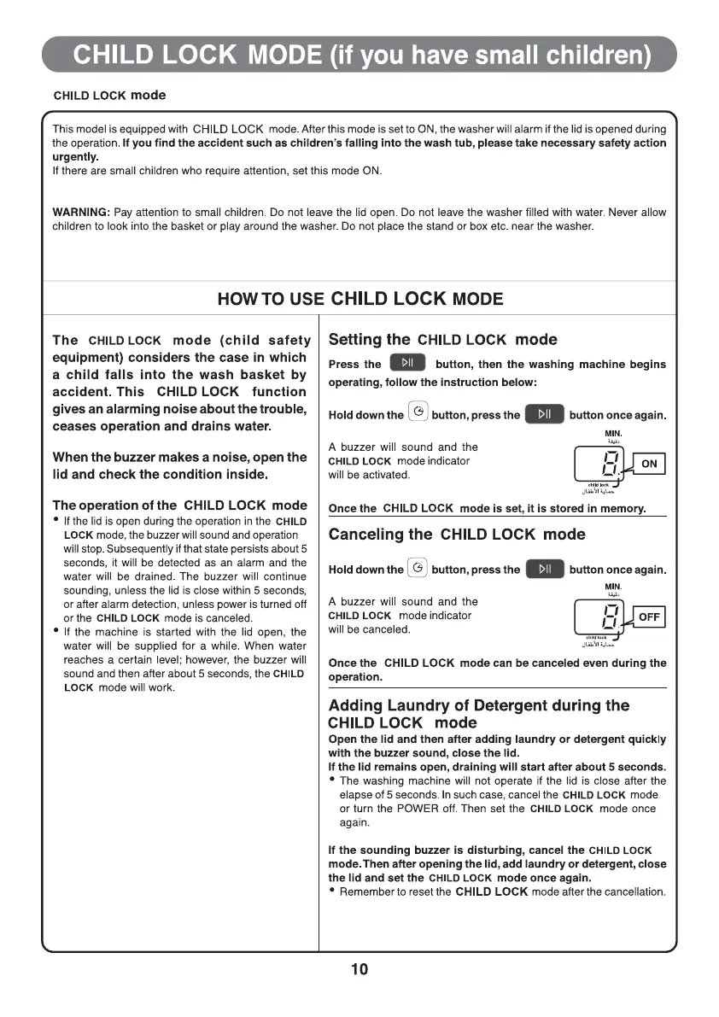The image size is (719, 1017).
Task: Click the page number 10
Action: pyautogui.click(x=359, y=969)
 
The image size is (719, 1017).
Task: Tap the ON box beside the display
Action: pyautogui.click(x=649, y=464)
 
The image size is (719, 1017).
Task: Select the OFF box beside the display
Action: pyautogui.click(x=648, y=617)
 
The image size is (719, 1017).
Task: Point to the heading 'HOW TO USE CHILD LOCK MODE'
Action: pyautogui.click(x=360, y=299)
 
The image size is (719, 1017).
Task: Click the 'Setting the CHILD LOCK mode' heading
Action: pyautogui.click(x=442, y=339)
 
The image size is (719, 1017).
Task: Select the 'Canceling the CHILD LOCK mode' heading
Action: pyautogui.click(x=457, y=535)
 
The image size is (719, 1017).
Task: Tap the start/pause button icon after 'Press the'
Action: pyautogui.click(x=408, y=364)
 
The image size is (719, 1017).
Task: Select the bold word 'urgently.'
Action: pyautogui.click(x=76, y=157)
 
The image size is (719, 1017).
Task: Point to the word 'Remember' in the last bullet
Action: pyautogui.click(x=365, y=891)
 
